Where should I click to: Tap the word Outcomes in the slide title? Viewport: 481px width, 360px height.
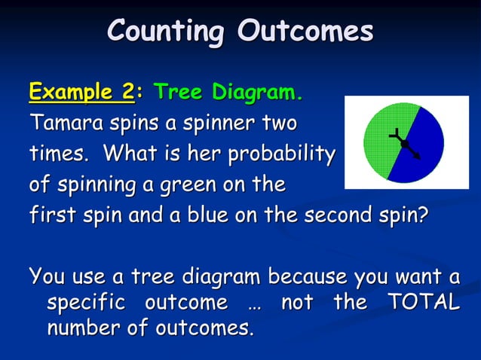(x=305, y=32)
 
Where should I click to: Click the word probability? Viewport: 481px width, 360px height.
(x=281, y=154)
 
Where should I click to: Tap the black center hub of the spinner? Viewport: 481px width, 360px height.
(x=405, y=143)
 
